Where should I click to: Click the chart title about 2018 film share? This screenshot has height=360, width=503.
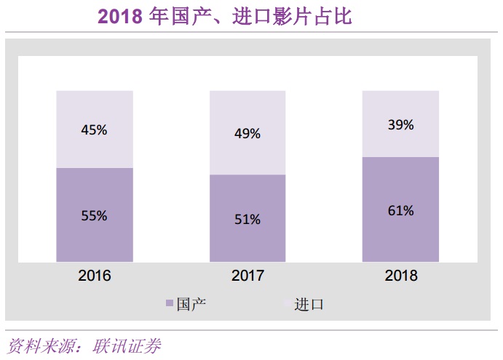(x=225, y=16)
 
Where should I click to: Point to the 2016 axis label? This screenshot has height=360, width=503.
(x=95, y=275)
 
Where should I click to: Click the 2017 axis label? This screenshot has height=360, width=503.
(x=247, y=275)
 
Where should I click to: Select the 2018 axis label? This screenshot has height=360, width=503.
(x=400, y=275)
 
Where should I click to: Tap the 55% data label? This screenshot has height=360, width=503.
(x=95, y=215)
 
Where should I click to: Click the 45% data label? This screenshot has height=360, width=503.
(x=95, y=130)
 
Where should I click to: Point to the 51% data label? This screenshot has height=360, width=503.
(x=247, y=219)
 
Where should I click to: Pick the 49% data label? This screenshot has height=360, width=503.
(x=247, y=134)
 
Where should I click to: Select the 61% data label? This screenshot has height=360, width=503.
(x=400, y=211)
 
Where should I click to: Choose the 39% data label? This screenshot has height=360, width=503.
(x=400, y=125)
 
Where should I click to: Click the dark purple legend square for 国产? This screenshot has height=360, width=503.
(x=170, y=304)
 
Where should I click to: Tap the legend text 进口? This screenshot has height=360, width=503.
(x=309, y=304)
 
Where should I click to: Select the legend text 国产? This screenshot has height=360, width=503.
(x=191, y=304)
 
